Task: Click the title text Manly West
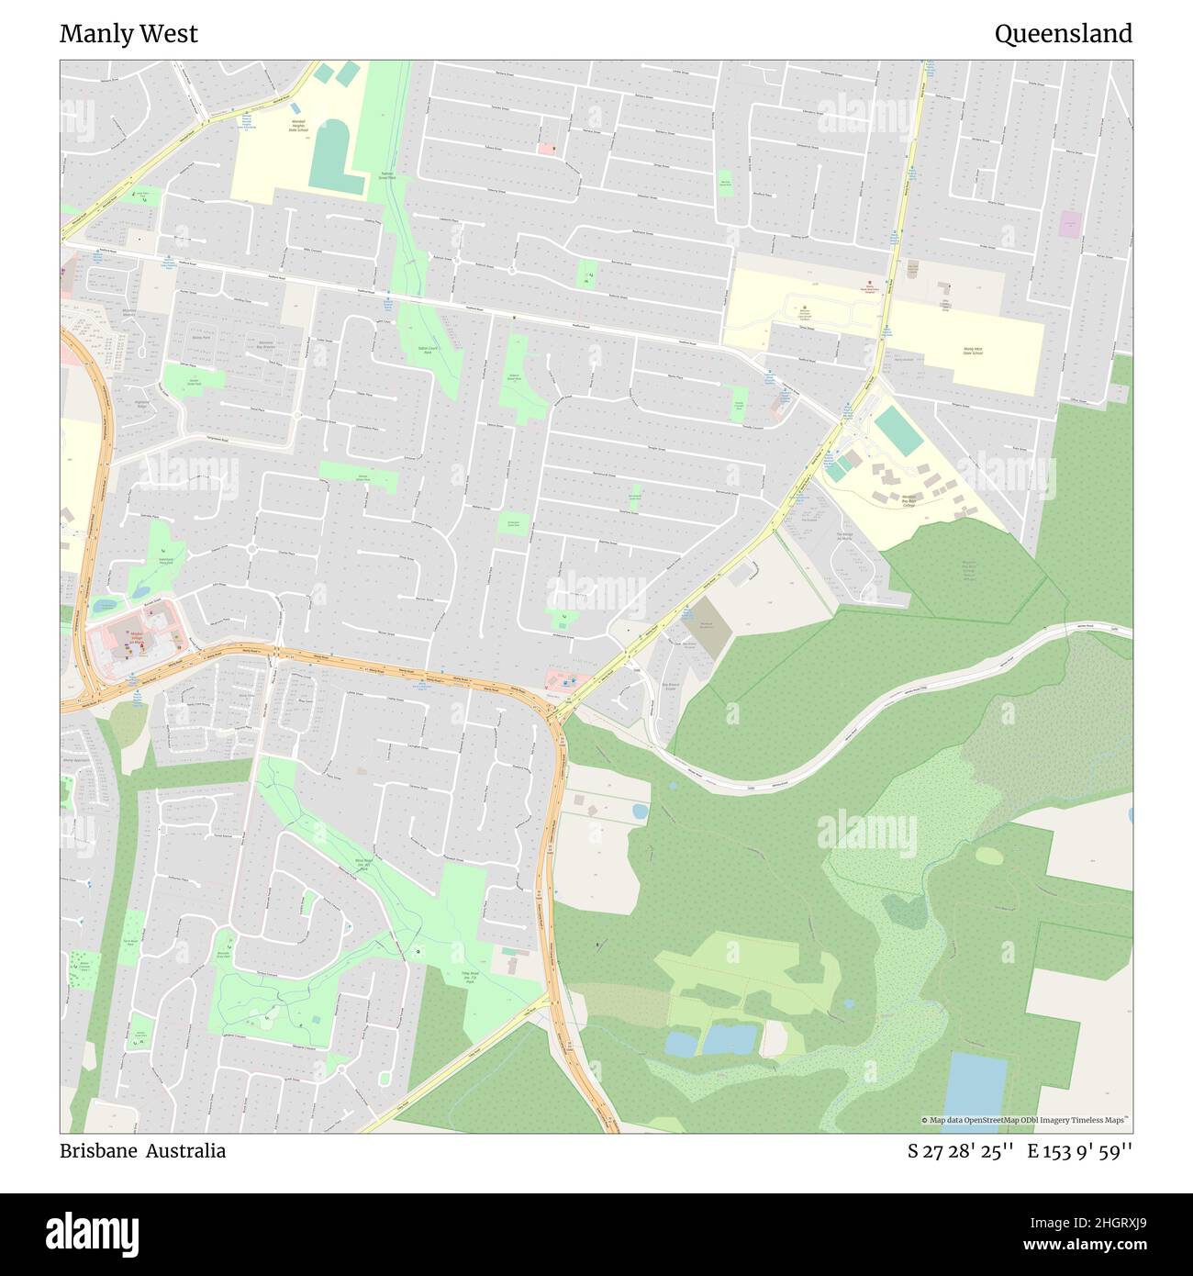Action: click(x=128, y=34)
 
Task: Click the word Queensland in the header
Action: click(x=1063, y=34)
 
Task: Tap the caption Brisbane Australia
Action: click(x=142, y=1150)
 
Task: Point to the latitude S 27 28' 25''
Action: click(x=960, y=1150)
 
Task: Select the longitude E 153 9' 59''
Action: click(x=1080, y=1150)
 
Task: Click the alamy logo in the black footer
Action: click(x=92, y=1232)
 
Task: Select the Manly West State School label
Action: click(x=973, y=351)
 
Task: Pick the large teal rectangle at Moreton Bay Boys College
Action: click(x=898, y=431)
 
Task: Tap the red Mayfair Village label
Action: click(x=138, y=636)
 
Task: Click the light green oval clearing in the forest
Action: click(x=989, y=855)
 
